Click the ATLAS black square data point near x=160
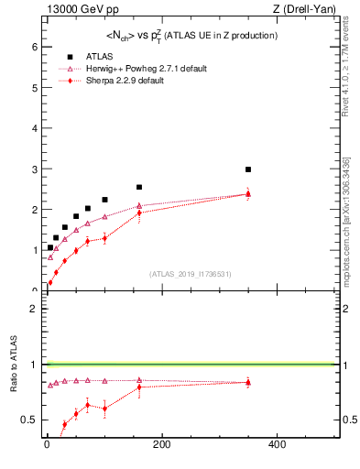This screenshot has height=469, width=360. (139, 187)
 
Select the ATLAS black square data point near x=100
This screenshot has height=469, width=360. (104, 200)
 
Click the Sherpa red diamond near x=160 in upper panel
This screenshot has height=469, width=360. (139, 213)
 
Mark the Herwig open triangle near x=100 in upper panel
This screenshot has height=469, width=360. (104, 217)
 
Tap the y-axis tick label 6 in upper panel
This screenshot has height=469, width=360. (34, 48)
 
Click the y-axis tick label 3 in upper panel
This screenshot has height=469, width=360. (34, 169)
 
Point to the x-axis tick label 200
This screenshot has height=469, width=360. (161, 445)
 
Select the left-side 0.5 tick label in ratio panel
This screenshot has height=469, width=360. (30, 420)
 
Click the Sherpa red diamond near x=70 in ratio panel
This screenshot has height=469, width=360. (87, 405)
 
